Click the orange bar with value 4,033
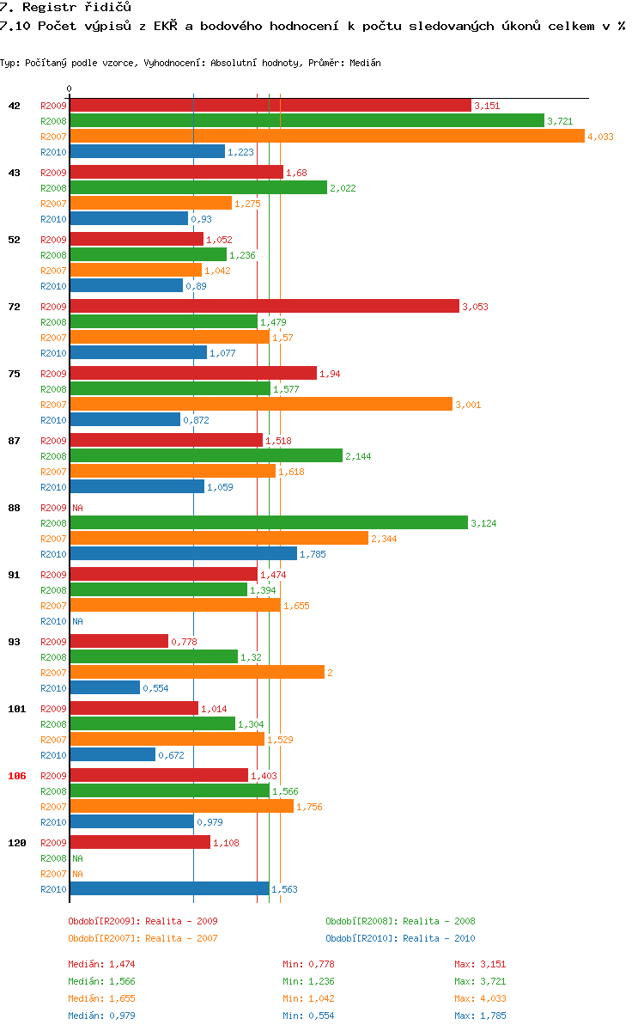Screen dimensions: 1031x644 326,136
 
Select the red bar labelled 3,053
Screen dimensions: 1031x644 264,306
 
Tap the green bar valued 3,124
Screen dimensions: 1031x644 268,522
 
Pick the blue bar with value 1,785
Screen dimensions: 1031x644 183,553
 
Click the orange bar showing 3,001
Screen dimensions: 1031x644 260,404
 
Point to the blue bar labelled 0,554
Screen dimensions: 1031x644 104,687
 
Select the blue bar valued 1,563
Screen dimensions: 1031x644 169,888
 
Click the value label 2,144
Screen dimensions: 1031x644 358,456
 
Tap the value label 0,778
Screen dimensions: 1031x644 184,642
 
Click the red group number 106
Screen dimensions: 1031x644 17,775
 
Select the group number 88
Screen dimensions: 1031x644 15,507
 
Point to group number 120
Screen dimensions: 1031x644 17,842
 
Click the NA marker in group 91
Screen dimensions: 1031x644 77,621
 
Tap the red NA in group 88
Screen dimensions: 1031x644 77,508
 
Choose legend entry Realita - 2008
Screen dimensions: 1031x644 400,921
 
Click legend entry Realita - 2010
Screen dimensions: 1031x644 400,938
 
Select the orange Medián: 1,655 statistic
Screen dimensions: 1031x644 101,998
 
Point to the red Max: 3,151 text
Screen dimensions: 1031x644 480,964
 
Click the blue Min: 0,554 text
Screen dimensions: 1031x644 308,1016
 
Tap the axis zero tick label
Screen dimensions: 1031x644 70,89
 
